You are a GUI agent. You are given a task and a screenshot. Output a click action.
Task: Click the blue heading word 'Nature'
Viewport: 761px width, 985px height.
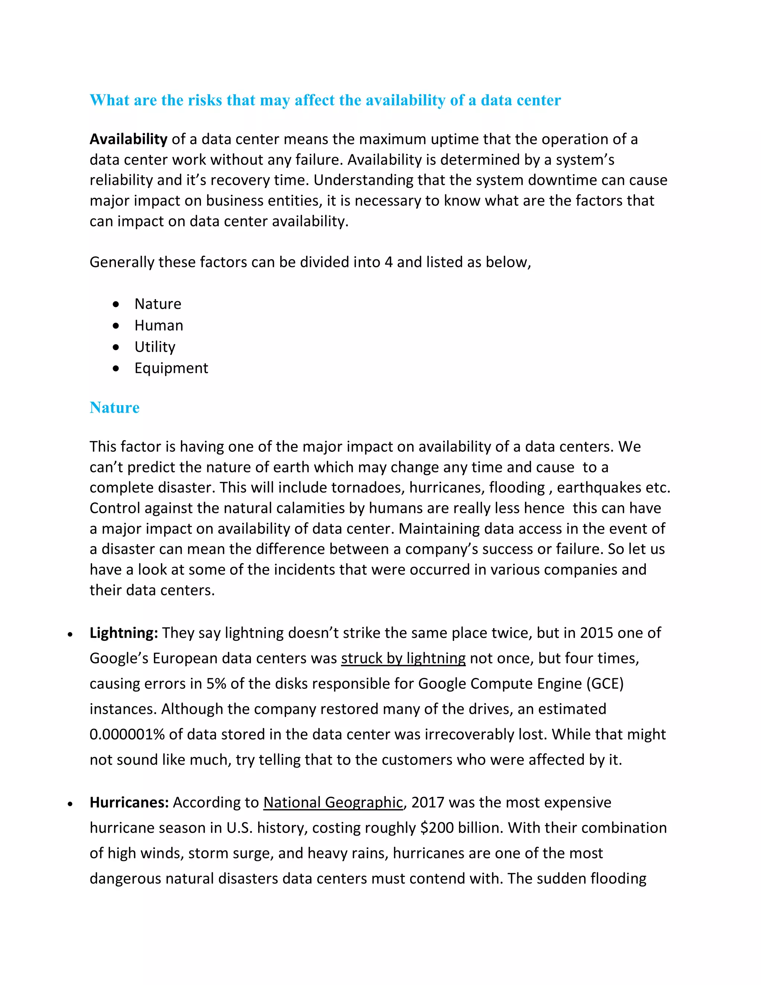pos(114,408)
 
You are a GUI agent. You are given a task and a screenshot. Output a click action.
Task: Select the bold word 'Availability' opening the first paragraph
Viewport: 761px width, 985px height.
pos(129,139)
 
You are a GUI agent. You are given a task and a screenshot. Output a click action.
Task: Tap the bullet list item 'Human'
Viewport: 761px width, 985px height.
pos(159,326)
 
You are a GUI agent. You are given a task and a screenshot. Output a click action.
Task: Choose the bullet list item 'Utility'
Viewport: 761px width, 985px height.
pos(155,347)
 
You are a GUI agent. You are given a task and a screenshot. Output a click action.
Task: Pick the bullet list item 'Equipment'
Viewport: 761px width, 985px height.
pos(171,368)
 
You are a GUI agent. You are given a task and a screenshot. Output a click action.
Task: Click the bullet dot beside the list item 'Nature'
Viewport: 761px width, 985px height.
pos(116,304)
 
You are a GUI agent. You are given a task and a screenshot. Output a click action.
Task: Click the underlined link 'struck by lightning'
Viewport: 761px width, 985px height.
pos(403,659)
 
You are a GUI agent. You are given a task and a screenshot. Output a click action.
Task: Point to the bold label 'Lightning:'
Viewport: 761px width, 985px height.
pos(123,633)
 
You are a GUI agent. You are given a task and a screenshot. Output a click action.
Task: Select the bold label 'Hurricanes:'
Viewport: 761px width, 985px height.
pos(129,803)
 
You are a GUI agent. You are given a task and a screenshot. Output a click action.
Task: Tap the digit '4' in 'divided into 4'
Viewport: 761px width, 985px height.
pos(389,262)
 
